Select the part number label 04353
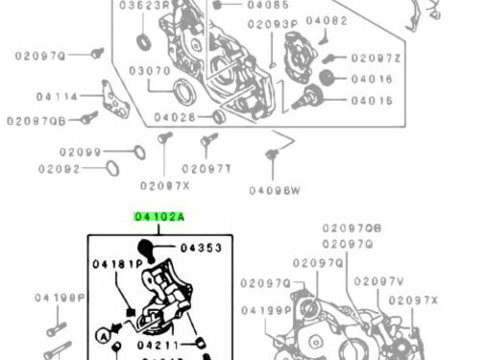(x=202, y=248)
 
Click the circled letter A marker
(x=102, y=335)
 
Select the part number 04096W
(x=275, y=190)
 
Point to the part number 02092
(x=60, y=169)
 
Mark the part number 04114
(x=58, y=96)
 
